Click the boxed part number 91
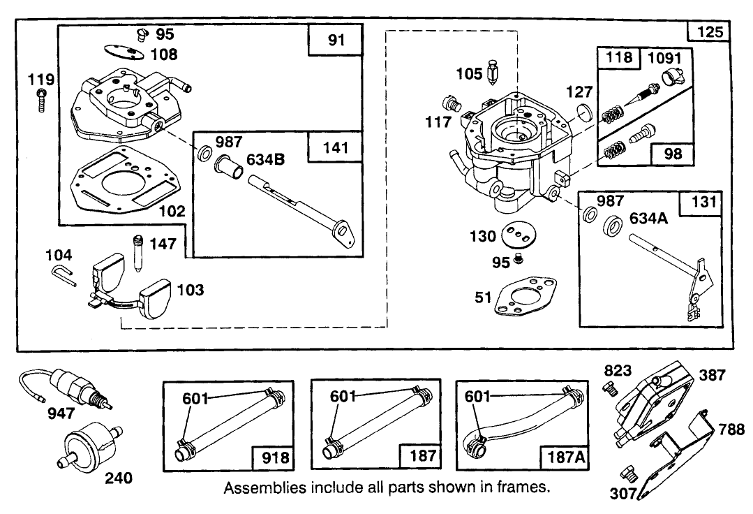coord(336,41)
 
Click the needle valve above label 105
coord(493,71)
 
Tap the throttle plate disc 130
coord(516,235)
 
